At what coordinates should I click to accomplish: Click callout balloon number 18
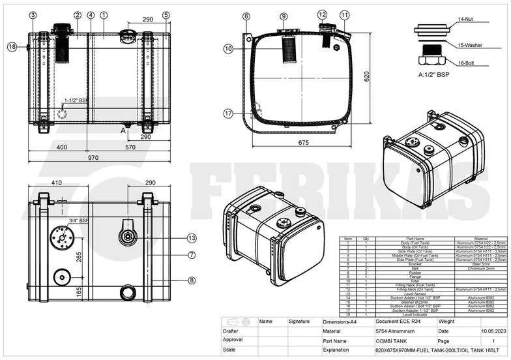(12, 46)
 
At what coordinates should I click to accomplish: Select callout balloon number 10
(228, 48)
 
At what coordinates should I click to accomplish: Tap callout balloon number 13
(192, 237)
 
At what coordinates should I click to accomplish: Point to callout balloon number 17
(228, 113)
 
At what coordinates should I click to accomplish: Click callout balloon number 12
(322, 14)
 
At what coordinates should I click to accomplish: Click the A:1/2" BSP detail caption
(434, 75)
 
